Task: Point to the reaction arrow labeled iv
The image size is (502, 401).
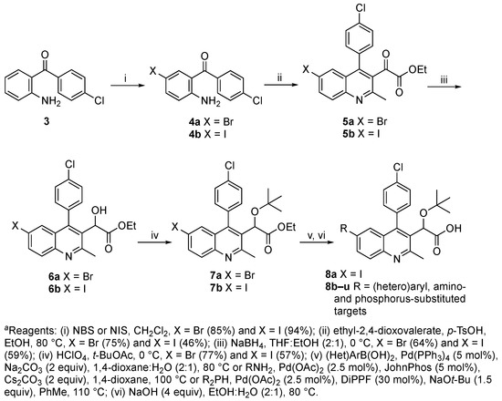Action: pyautogui.click(x=154, y=243)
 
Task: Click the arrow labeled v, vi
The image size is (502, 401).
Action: pyautogui.click(x=316, y=243)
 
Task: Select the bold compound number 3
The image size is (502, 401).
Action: pyautogui.click(x=47, y=122)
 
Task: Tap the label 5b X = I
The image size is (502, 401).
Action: pyautogui.click(x=361, y=133)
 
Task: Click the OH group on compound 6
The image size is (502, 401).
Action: pyautogui.click(x=99, y=211)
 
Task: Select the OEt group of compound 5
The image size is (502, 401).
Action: pyautogui.click(x=417, y=70)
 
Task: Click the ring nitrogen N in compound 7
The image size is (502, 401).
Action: pyautogui.click(x=228, y=257)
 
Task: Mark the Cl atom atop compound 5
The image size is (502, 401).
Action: pyautogui.click(x=361, y=7)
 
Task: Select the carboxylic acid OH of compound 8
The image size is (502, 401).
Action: pyautogui.click(x=455, y=228)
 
